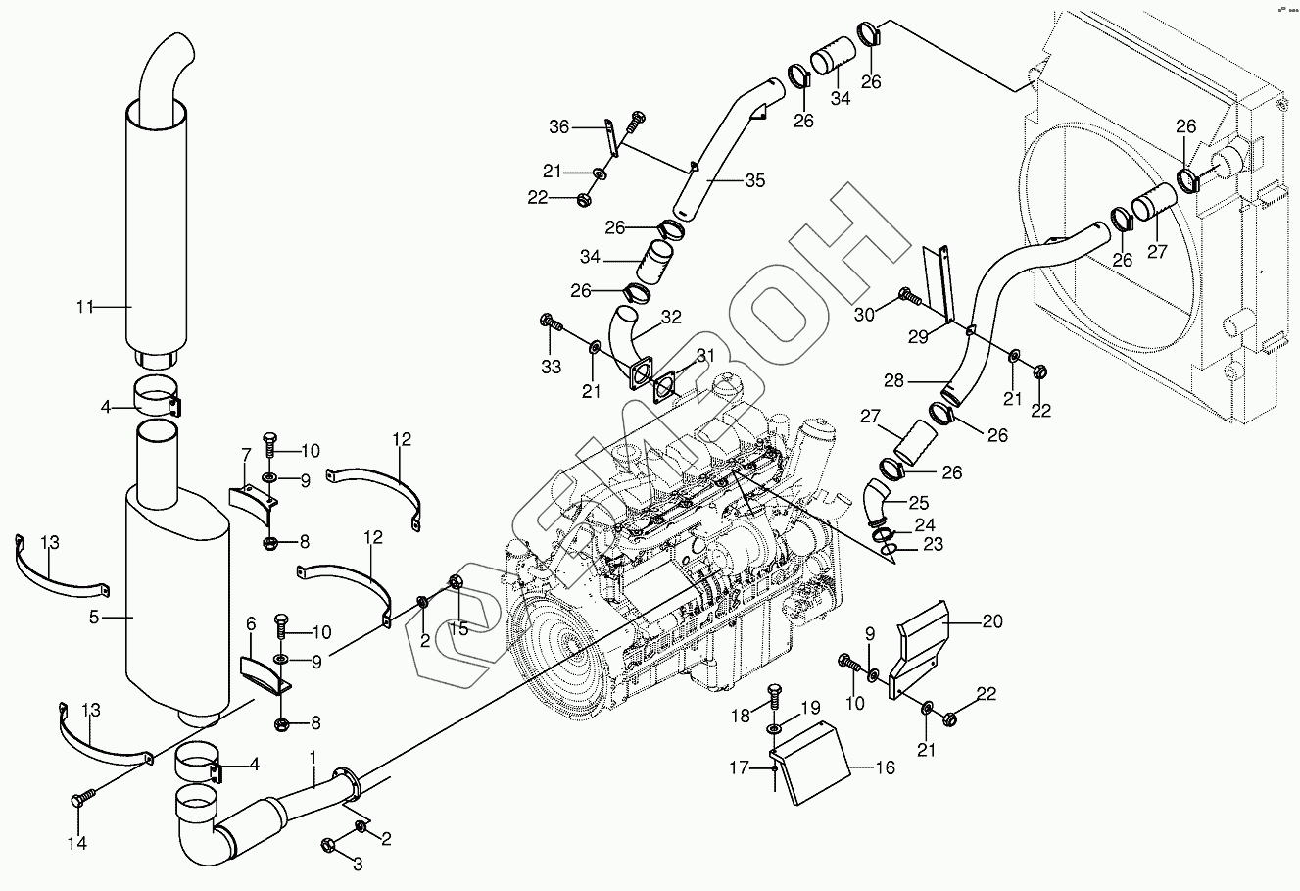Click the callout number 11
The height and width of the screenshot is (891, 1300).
tap(85, 306)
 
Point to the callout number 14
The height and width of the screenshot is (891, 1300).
tap(77, 843)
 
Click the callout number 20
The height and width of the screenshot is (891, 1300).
tap(992, 620)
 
